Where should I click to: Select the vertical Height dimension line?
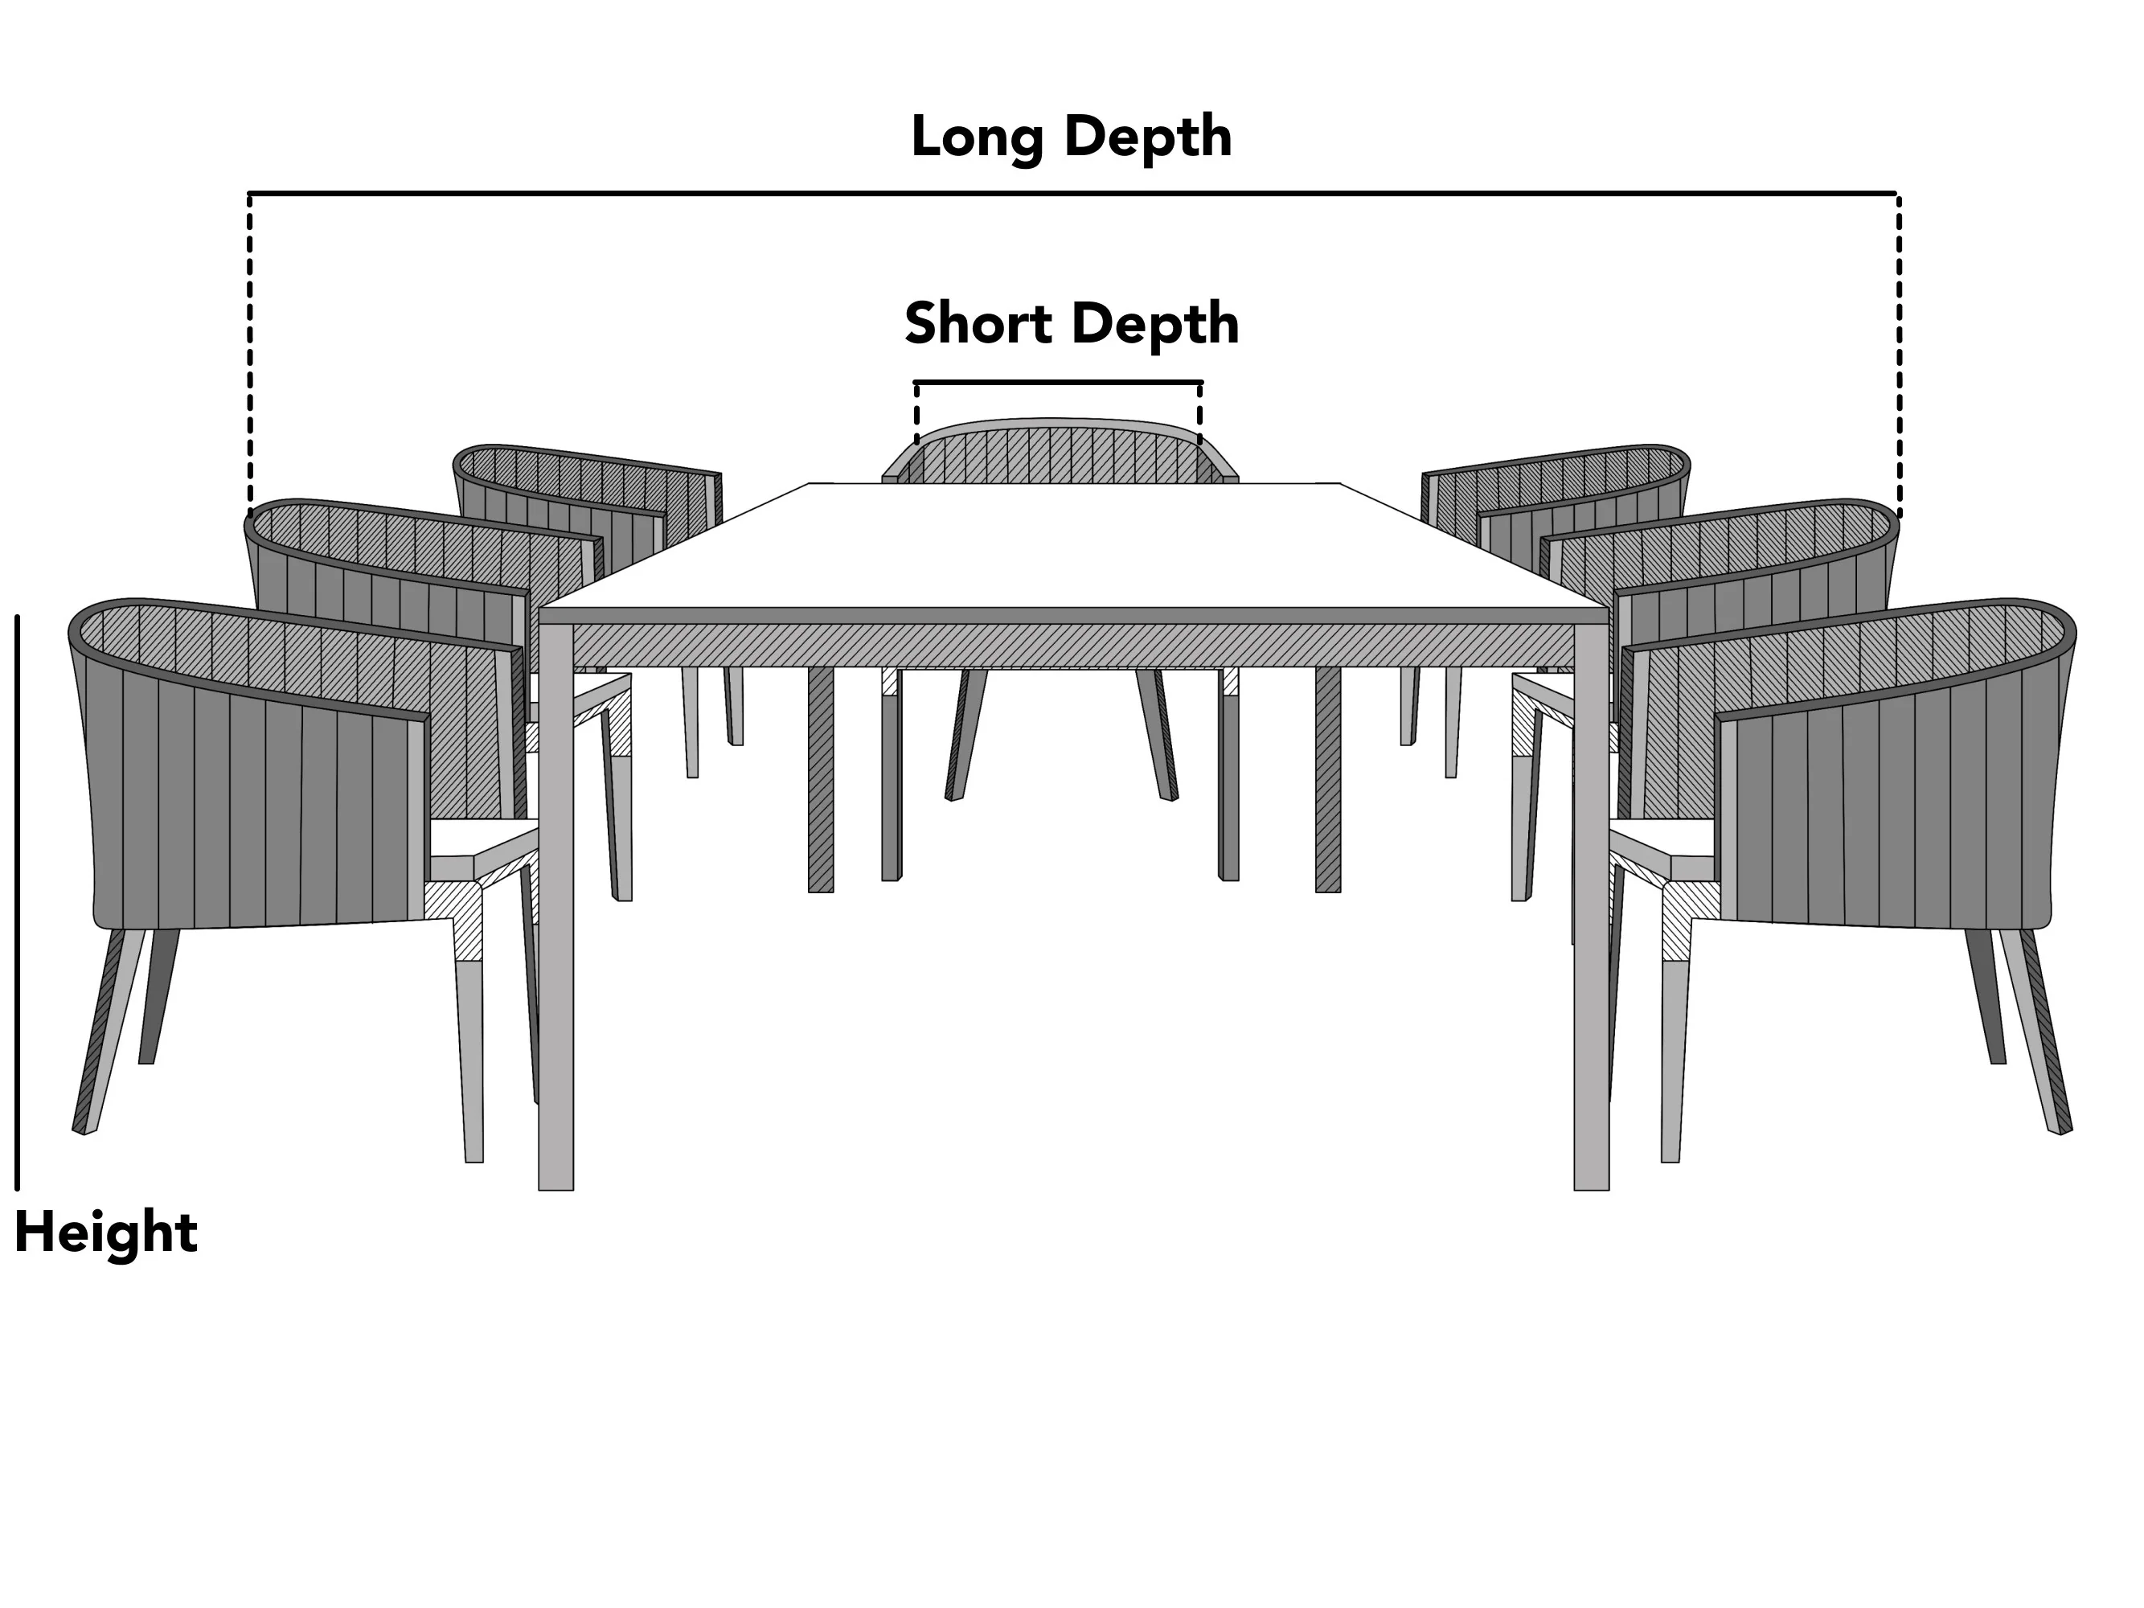(18, 902)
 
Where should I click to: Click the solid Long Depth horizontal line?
(1073, 194)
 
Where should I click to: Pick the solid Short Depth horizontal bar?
(1059, 383)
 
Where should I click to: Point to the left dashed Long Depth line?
(250, 354)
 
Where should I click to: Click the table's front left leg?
(555, 907)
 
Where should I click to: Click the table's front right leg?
(1592, 907)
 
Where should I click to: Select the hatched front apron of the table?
(1073, 646)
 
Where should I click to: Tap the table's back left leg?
(821, 779)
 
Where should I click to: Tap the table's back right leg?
(1328, 779)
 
